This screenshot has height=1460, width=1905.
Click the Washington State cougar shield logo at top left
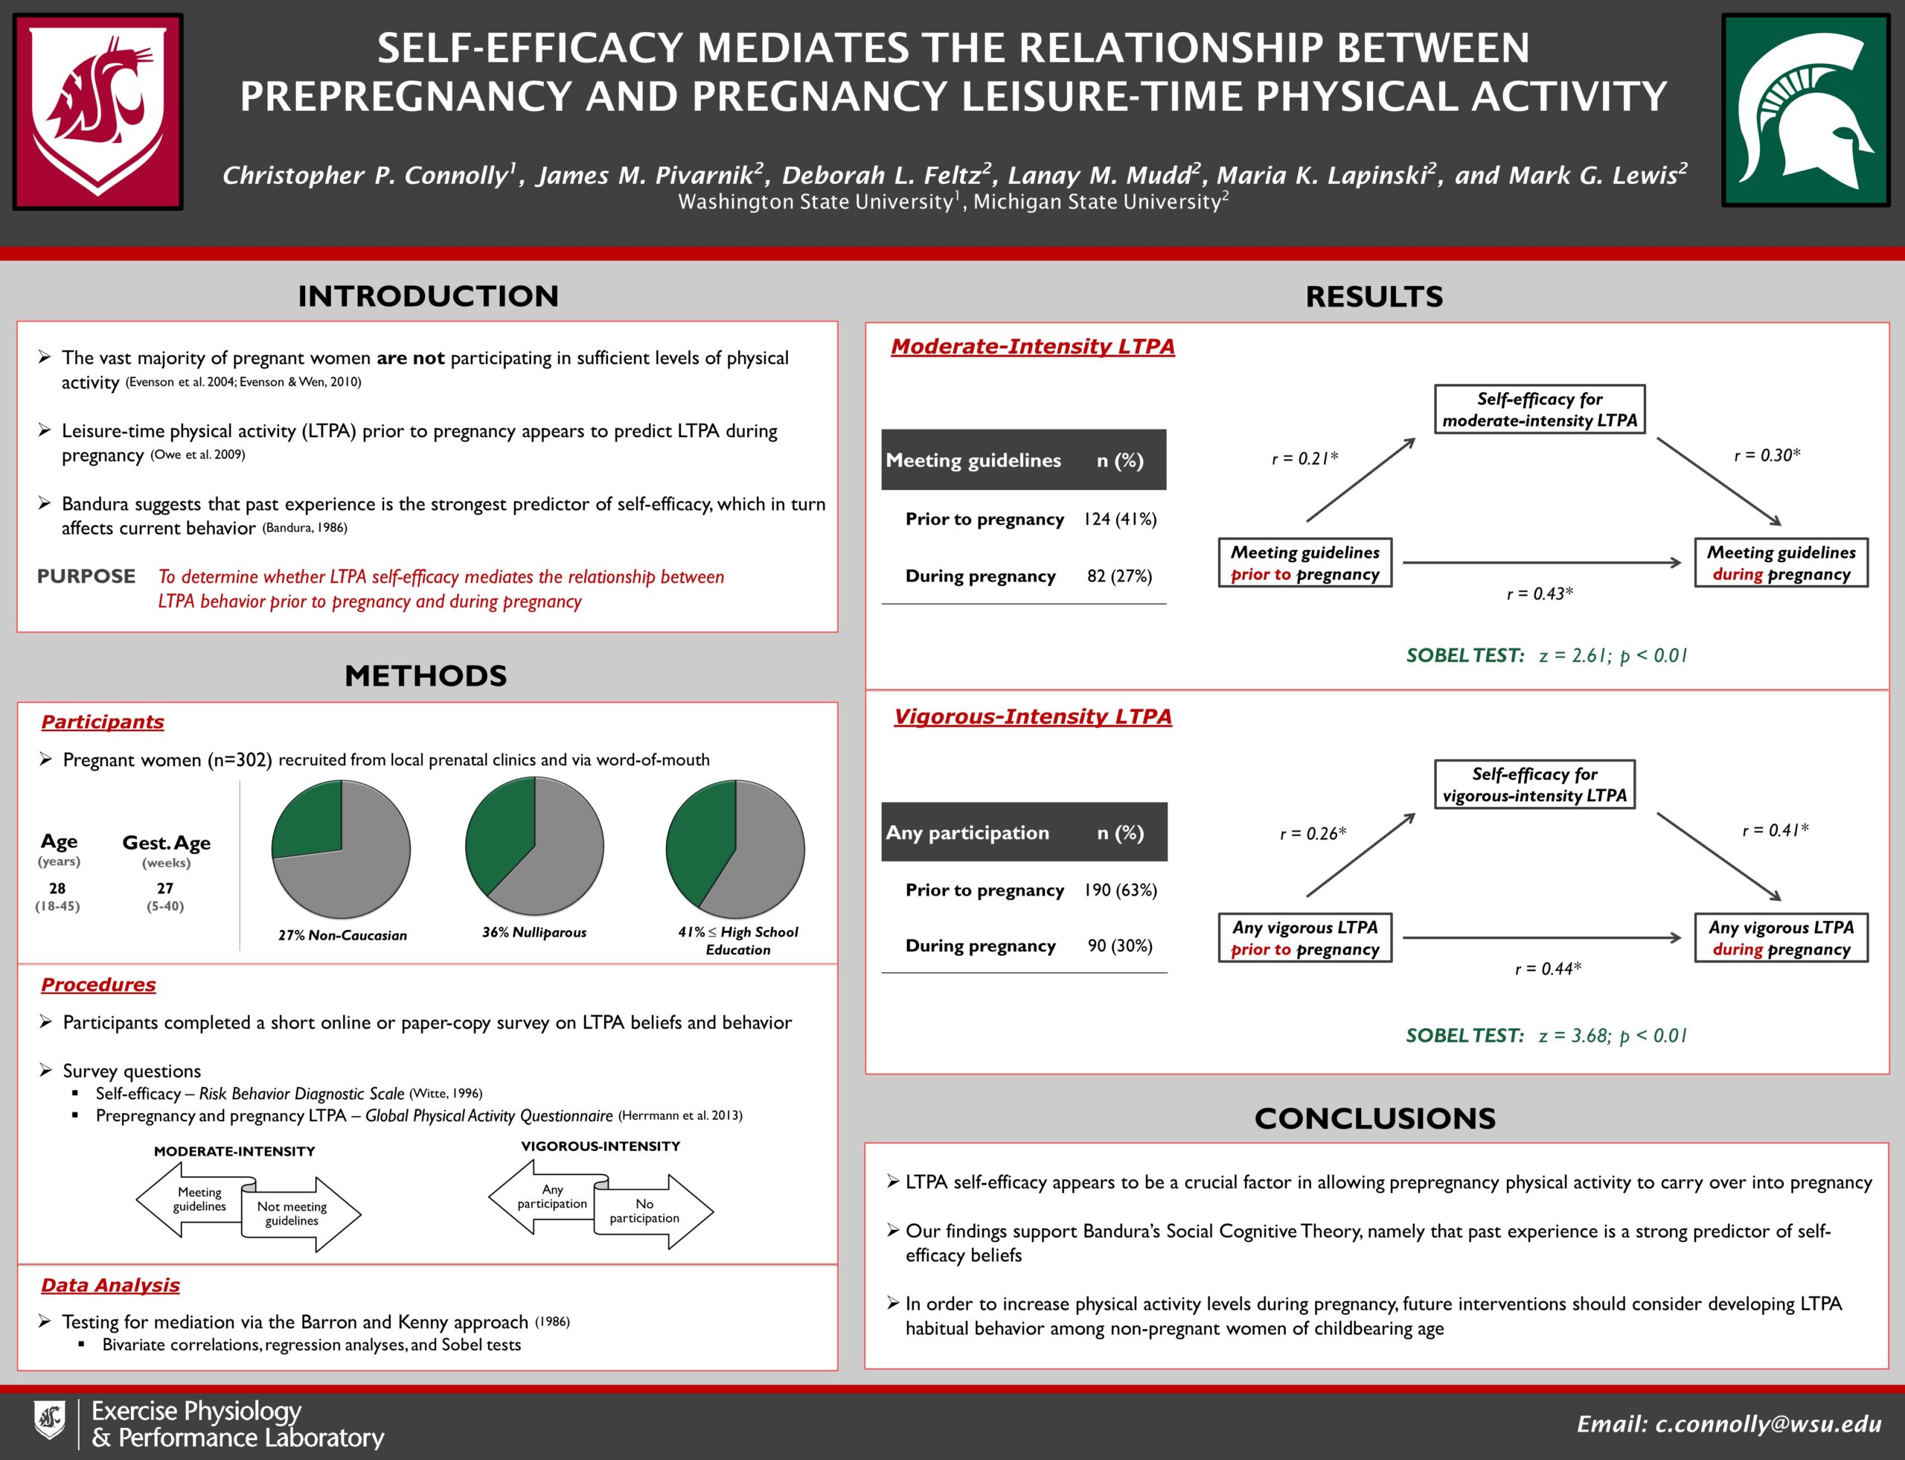pyautogui.click(x=97, y=110)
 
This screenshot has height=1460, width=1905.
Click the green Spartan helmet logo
pyautogui.click(x=1806, y=110)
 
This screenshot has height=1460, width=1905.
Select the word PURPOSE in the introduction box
pyautogui.click(x=86, y=576)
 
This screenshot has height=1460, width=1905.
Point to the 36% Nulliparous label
pyautogui.click(x=534, y=932)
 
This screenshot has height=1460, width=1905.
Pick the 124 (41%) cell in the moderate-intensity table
pyautogui.click(x=1120, y=519)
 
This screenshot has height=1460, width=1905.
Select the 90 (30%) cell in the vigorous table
pyautogui.click(x=1120, y=946)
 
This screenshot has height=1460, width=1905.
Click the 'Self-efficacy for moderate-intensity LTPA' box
pyautogui.click(x=1540, y=409)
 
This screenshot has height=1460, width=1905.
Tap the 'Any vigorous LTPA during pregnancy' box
pyautogui.click(x=1781, y=937)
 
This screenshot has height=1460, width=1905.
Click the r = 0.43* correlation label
pyautogui.click(x=1540, y=593)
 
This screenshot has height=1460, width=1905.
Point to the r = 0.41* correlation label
pyautogui.click(x=1775, y=830)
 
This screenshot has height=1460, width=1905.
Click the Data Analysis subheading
pyautogui.click(x=110, y=1284)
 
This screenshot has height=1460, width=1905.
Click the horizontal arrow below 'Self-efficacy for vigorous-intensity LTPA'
pyautogui.click(x=1542, y=937)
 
